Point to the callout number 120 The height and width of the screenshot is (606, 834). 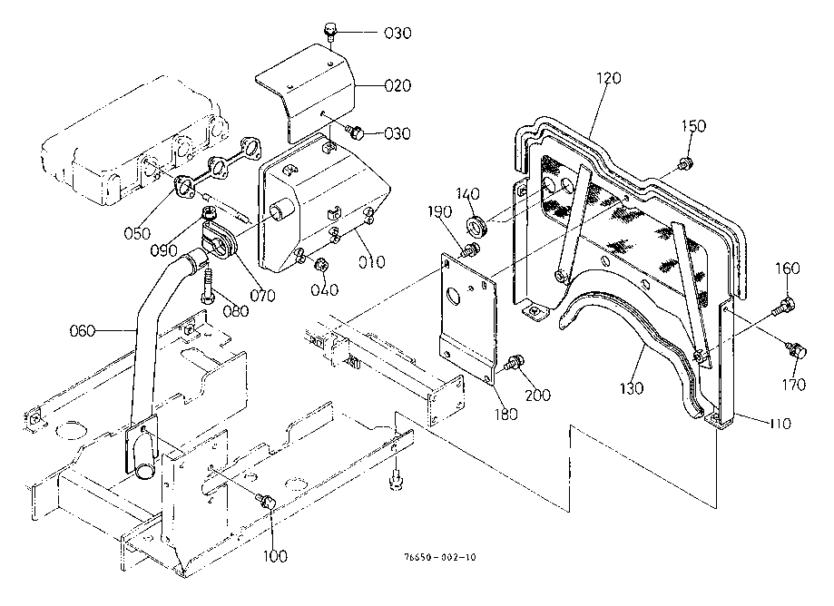click(608, 78)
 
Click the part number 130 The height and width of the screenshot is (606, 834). click(631, 387)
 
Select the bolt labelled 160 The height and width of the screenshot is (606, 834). click(784, 306)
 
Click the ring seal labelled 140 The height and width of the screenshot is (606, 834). click(476, 225)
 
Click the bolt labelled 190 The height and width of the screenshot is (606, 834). click(469, 249)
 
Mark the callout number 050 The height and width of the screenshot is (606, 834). click(139, 233)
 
